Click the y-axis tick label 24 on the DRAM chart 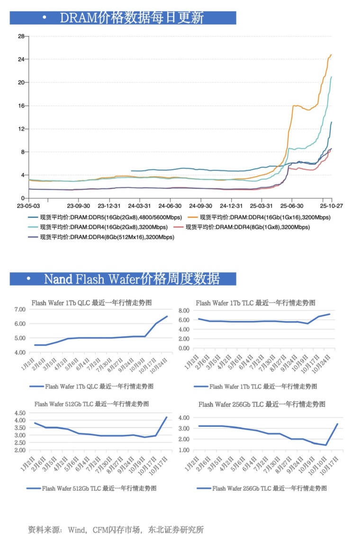coord(21,59)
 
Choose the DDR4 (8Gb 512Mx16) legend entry coord(107,237)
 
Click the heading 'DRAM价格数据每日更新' coord(132,18)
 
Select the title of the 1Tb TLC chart coord(255,303)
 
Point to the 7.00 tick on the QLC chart coord(19,309)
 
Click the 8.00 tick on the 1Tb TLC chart coord(183,311)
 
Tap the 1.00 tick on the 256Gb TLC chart coord(183,450)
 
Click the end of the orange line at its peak coord(331,55)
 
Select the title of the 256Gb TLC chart coord(262,404)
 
